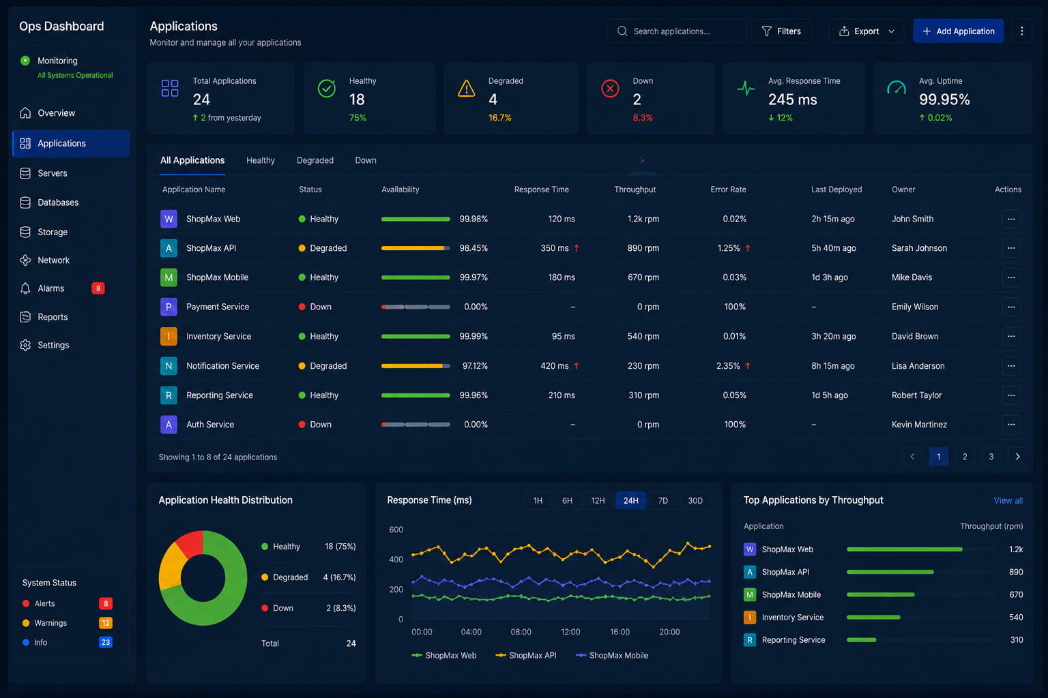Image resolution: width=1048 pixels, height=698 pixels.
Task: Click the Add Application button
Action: [x=958, y=31]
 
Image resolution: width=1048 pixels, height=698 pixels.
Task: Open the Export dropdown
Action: [x=867, y=31]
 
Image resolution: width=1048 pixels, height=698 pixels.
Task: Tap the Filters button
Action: [x=781, y=31]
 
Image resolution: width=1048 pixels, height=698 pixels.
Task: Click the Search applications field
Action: [x=677, y=31]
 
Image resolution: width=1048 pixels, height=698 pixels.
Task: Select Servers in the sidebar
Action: [x=53, y=173]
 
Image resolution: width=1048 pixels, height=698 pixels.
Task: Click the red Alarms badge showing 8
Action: [x=98, y=288]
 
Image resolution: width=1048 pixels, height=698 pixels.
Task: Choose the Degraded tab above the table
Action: [x=315, y=160]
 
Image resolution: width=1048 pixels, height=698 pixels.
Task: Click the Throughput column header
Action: [x=635, y=189]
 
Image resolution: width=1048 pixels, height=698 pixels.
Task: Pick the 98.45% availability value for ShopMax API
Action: [x=474, y=248]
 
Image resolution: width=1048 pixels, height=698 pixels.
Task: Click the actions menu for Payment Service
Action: [x=1011, y=307]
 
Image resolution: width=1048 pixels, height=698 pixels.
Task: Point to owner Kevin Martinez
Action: [x=919, y=425]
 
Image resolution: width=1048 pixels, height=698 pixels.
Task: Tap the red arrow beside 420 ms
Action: [x=577, y=365]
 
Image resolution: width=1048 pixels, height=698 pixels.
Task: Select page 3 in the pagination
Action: [x=991, y=457]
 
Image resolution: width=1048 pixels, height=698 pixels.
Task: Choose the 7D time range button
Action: [x=663, y=500]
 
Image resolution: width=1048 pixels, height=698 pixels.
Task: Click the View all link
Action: [x=1008, y=500]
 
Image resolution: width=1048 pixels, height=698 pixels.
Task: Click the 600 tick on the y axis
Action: [x=396, y=529]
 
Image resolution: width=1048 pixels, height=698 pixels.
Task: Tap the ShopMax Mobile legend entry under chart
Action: [x=612, y=655]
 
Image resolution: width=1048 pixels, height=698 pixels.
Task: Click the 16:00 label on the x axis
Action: [x=620, y=632]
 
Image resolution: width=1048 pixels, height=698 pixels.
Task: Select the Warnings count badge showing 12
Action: [x=106, y=623]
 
